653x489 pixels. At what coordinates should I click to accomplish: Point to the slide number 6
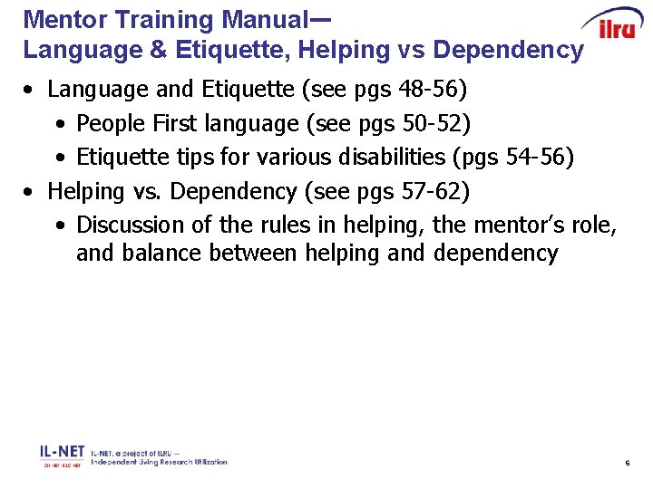[x=627, y=464]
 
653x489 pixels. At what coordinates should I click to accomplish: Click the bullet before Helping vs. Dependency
[x=31, y=192]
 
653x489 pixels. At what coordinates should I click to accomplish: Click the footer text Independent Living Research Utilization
[x=159, y=462]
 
